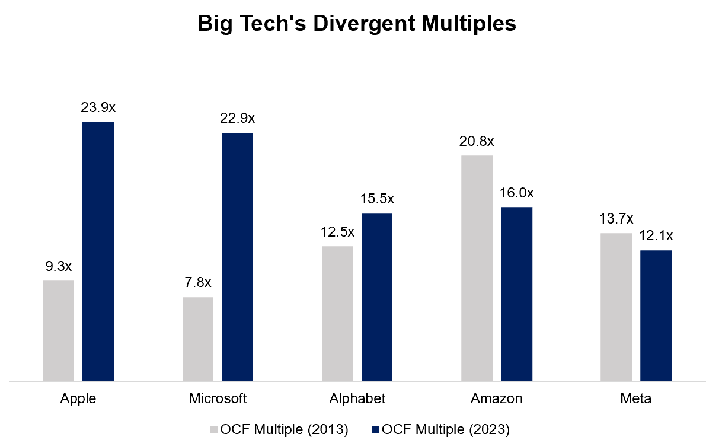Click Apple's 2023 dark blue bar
tap(98, 251)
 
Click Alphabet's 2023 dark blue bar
tap(377, 297)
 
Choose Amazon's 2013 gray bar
tap(477, 268)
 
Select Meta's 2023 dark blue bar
tap(656, 315)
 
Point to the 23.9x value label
tap(98, 108)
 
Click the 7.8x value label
tap(199, 283)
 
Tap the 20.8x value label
tap(477, 142)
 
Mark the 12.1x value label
tap(656, 235)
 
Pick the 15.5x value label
tap(378, 199)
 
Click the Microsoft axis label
tap(218, 398)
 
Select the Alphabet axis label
tap(357, 398)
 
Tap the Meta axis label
tap(636, 398)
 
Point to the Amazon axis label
tap(497, 398)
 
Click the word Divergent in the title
tap(362, 24)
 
